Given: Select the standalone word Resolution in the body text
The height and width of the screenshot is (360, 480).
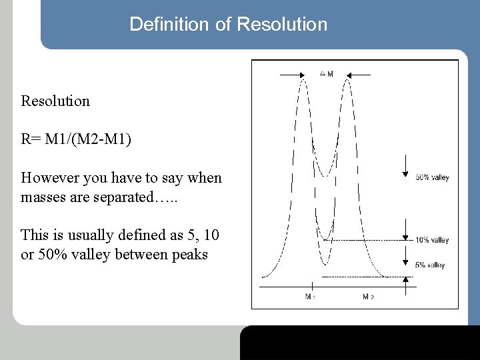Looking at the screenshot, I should (55, 101).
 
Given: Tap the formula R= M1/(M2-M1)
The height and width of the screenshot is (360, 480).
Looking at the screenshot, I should (76, 139).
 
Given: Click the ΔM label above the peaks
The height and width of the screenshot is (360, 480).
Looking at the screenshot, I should (327, 74).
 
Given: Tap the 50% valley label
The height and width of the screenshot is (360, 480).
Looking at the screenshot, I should (432, 177).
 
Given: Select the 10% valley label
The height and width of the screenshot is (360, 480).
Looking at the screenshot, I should (432, 240).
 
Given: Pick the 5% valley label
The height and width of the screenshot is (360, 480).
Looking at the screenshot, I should (430, 265).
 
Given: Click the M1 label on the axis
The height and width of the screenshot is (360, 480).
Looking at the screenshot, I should (310, 296).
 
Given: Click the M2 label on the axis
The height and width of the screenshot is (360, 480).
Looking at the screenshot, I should (368, 296).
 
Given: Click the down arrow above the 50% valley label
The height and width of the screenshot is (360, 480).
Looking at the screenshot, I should (405, 167).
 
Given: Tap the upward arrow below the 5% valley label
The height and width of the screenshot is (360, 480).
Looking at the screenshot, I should (405, 285).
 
